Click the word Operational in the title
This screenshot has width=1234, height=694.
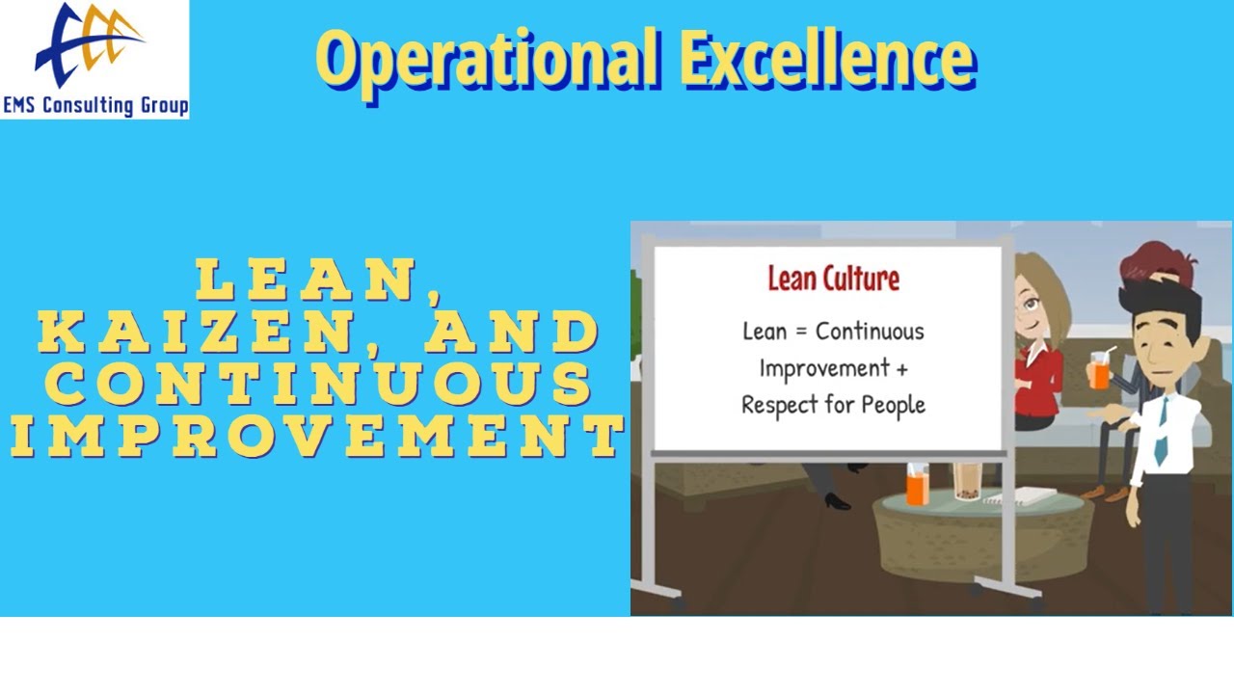coord(487,58)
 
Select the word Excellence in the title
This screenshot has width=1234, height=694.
coord(827,58)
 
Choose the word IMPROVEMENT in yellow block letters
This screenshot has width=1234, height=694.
coord(318,437)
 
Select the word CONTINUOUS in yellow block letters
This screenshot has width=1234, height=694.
coord(318,385)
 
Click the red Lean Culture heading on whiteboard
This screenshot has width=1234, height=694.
coord(833,279)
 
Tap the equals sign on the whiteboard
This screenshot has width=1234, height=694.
coord(800,332)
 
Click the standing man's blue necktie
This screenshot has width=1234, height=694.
coord(1162,428)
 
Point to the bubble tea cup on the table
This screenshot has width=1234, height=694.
coord(965,481)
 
